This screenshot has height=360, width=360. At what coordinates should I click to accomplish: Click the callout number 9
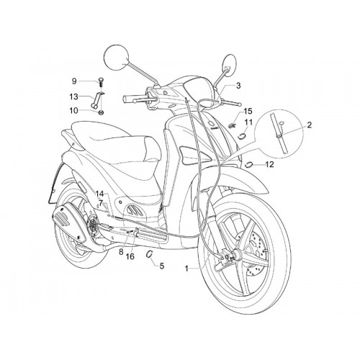click(74, 81)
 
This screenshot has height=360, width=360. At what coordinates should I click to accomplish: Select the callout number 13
click(74, 96)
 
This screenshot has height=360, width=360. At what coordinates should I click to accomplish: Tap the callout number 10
click(74, 111)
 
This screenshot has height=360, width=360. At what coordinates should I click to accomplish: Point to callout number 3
click(238, 86)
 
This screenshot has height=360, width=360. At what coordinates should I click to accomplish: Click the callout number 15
click(248, 111)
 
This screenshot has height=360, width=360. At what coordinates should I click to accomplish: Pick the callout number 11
click(248, 122)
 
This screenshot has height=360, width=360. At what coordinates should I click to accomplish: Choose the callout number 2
click(309, 125)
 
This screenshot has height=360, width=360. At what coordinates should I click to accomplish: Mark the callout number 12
click(269, 164)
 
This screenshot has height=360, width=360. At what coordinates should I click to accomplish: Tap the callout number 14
click(100, 194)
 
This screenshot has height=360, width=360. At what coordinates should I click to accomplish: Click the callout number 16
click(130, 256)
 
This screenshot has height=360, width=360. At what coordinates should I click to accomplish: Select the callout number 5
click(162, 266)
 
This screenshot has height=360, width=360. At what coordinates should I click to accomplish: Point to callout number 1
click(187, 269)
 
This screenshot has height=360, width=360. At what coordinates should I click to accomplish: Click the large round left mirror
click(117, 58)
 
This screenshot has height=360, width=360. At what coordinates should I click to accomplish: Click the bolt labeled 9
click(101, 83)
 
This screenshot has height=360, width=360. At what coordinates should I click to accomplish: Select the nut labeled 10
click(102, 112)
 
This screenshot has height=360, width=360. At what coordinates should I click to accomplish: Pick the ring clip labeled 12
click(249, 165)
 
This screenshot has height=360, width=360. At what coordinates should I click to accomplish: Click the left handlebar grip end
click(125, 98)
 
